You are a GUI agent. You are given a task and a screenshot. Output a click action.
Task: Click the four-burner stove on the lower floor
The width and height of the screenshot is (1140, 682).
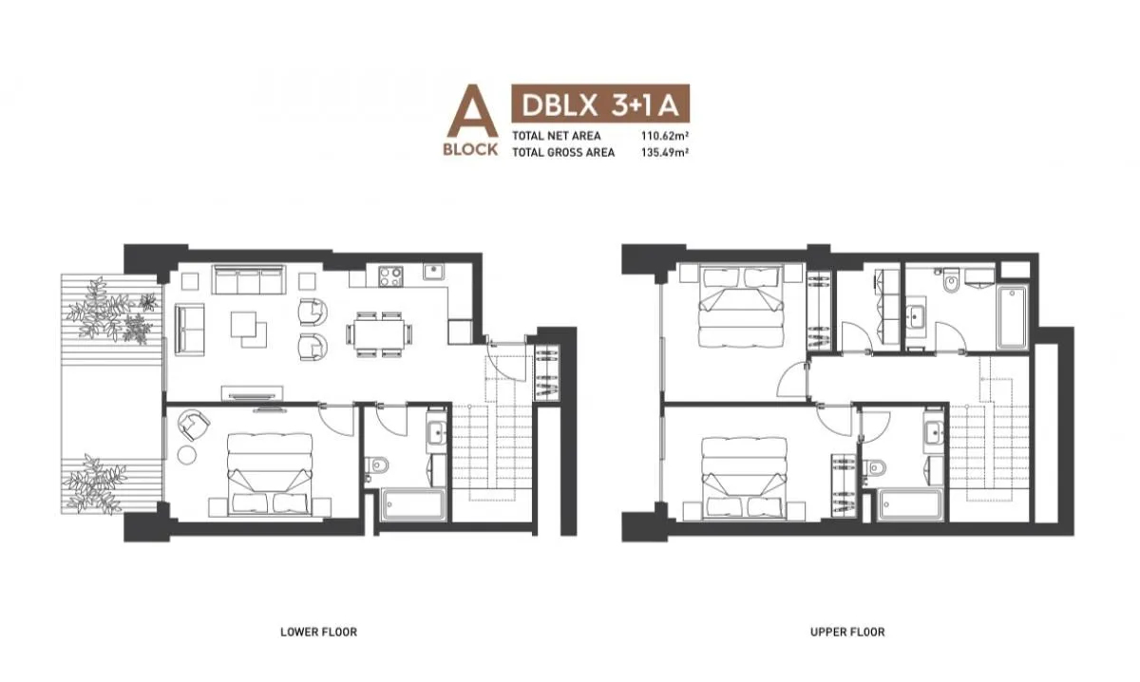point(389,276)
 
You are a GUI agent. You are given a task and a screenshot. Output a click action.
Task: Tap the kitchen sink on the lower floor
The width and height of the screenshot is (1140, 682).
point(433,271)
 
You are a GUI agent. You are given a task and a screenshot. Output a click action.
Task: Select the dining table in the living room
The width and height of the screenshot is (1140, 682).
point(380,333)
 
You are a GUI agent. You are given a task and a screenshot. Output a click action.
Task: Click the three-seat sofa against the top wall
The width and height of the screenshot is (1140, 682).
point(249,280)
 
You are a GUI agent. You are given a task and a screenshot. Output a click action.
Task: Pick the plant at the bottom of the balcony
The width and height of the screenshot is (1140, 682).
point(93,484)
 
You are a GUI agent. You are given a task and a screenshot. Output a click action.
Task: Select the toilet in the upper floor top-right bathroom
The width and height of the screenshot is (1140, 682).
point(950,281)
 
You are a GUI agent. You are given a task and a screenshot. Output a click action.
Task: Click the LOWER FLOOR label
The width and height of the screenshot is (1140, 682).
point(318,632)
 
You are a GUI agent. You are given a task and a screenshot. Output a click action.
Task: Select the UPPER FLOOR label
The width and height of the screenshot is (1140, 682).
point(847,632)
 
